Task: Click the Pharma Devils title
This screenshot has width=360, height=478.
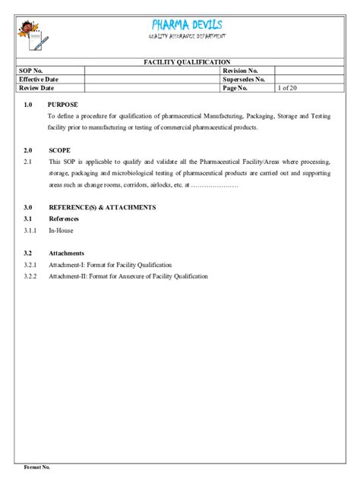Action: point(187,24)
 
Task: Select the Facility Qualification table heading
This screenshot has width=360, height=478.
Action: point(187,62)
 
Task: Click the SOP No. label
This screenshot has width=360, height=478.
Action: point(31,71)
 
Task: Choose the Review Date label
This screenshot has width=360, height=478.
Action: point(36,88)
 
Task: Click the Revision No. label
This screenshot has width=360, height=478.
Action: point(240,71)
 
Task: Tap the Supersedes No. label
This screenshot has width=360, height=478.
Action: point(243,79)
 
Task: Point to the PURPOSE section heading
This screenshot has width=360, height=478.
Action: point(62,104)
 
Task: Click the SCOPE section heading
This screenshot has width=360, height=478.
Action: point(59,150)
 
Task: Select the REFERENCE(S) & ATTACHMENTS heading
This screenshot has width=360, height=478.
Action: point(102,206)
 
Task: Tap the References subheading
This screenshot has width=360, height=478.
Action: point(64,219)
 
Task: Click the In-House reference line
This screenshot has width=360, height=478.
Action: point(61,230)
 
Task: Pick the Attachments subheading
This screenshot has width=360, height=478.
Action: point(66,253)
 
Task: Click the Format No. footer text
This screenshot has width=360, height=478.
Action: point(38,467)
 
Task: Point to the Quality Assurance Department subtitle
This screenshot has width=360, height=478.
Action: point(187,37)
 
